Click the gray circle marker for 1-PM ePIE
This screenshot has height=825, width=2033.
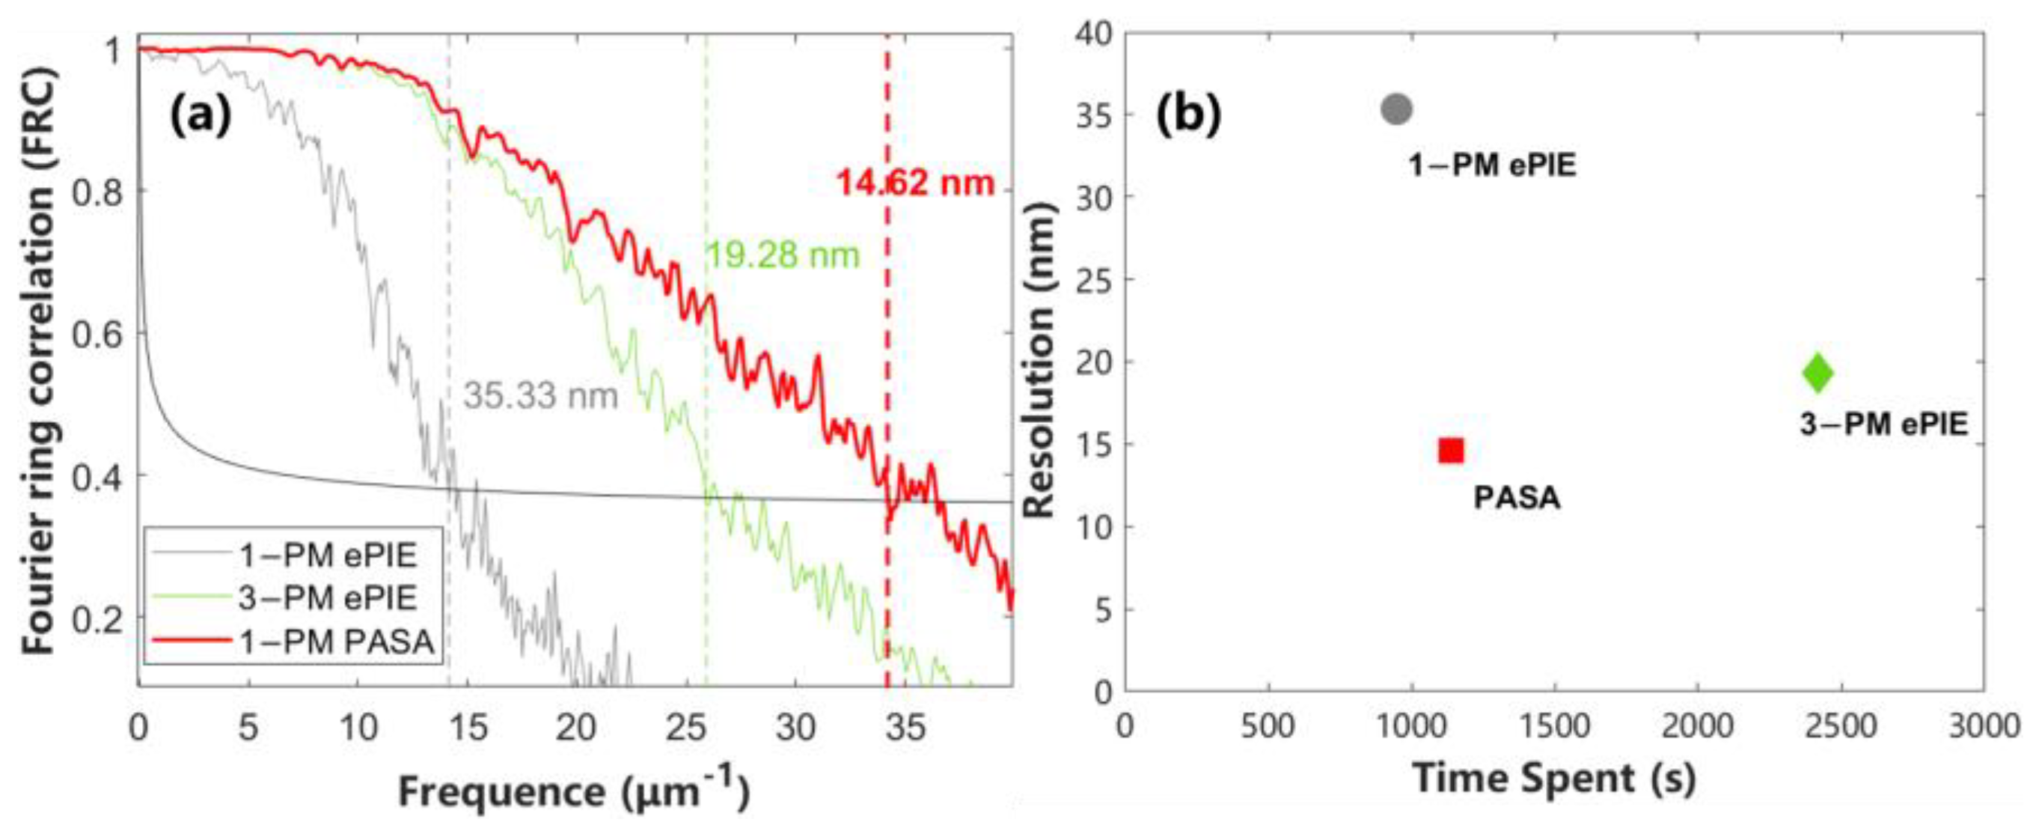point(1396,109)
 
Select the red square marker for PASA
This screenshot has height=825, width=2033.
point(1451,451)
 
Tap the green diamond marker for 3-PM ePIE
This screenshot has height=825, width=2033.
point(1818,373)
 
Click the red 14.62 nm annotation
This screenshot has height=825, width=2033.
point(914,183)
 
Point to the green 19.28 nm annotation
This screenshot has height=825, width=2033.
point(782,255)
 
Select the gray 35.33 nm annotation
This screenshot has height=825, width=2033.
point(539,395)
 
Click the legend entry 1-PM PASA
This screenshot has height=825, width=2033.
point(337,642)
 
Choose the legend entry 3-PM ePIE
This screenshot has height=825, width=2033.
point(328,598)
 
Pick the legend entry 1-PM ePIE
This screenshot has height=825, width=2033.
point(328,555)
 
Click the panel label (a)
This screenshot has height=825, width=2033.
point(201,115)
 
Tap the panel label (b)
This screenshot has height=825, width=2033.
point(1188,115)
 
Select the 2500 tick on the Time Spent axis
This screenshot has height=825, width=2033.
point(1841,725)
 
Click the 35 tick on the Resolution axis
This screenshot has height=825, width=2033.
point(1093,115)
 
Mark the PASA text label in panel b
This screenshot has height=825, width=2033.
point(1517,498)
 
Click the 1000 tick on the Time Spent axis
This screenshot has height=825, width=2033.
point(1411,725)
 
